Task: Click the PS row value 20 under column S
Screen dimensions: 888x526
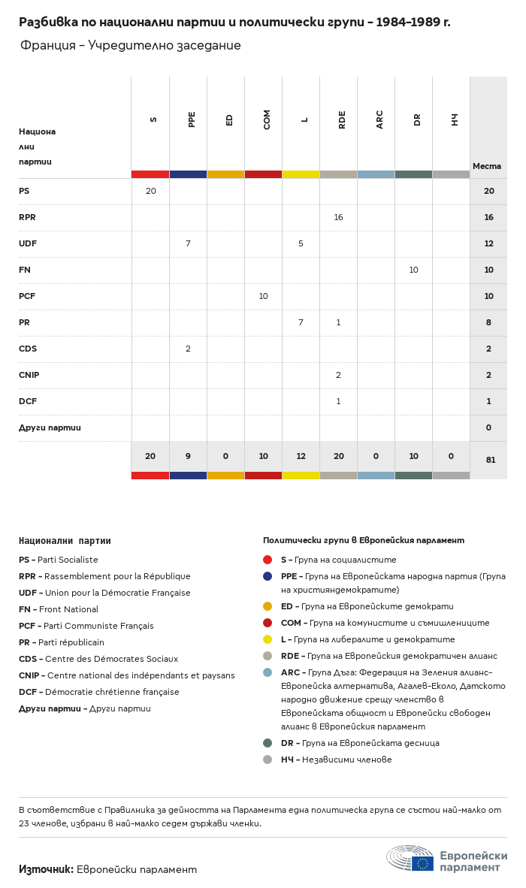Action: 150,191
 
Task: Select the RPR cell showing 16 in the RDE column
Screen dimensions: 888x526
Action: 338,217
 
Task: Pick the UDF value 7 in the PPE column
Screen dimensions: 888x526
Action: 188,243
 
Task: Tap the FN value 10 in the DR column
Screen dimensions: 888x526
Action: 413,270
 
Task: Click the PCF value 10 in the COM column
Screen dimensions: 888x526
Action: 263,296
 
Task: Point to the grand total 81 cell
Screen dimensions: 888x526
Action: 488,460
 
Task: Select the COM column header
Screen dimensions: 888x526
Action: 267,119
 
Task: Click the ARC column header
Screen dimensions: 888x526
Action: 379,119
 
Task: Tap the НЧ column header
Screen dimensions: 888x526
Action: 455,119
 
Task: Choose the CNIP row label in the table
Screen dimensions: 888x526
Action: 29,375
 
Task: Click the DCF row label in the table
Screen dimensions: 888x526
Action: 28,401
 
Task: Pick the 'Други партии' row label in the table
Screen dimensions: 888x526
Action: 50,427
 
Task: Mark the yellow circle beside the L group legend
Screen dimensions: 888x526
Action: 268,639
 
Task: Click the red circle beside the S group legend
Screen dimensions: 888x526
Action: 268,560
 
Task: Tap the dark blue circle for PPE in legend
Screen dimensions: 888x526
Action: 268,576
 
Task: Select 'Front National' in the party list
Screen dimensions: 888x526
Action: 68,609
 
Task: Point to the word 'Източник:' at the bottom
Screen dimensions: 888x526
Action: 46,869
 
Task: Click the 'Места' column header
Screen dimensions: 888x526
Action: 487,166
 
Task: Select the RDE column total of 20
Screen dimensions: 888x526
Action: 338,456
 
